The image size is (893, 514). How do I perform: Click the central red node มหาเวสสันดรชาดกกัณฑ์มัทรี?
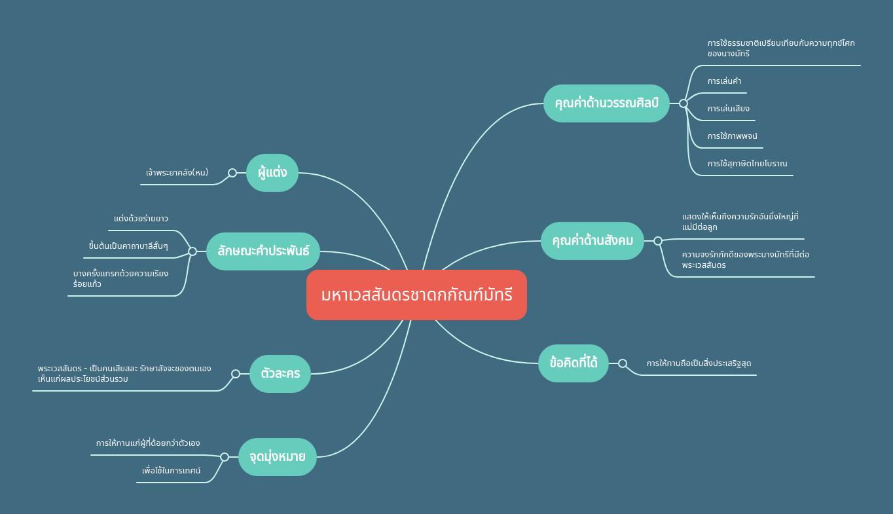pyautogui.click(x=416, y=295)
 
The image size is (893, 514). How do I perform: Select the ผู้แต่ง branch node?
pyautogui.click(x=272, y=173)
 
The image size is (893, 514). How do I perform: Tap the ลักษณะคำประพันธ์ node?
pyautogui.click(x=263, y=251)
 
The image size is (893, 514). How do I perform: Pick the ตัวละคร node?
pyautogui.click(x=280, y=374)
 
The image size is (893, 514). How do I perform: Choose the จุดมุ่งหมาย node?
pyautogui.click(x=278, y=457)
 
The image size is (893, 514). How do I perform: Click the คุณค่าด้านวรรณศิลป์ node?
pyautogui.click(x=606, y=103)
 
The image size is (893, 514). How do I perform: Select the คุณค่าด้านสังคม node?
pyautogui.click(x=592, y=241)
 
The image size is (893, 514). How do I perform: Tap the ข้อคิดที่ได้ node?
pyautogui.click(x=574, y=363)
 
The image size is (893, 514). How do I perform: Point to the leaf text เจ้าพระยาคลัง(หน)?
pyautogui.click(x=177, y=173)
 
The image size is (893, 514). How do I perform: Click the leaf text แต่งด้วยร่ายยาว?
pyautogui.click(x=141, y=219)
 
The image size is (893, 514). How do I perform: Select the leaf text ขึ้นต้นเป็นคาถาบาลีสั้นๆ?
pyautogui.click(x=128, y=246)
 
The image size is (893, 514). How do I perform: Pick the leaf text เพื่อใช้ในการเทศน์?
pyautogui.click(x=172, y=471)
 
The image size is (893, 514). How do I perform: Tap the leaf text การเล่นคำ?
pyautogui.click(x=724, y=81)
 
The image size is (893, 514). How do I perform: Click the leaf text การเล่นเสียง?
pyautogui.click(x=728, y=109)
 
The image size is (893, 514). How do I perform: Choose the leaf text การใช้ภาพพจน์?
pyautogui.click(x=732, y=136)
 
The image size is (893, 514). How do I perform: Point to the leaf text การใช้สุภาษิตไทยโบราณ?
pyautogui.click(x=747, y=164)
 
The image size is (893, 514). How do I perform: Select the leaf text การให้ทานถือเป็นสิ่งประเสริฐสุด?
pyautogui.click(x=699, y=363)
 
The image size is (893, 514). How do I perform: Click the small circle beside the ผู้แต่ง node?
pyautogui.click(x=232, y=173)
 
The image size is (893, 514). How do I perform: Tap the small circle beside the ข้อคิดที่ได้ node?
pyautogui.click(x=623, y=363)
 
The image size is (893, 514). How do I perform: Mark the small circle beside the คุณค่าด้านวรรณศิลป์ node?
pyautogui.click(x=683, y=103)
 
